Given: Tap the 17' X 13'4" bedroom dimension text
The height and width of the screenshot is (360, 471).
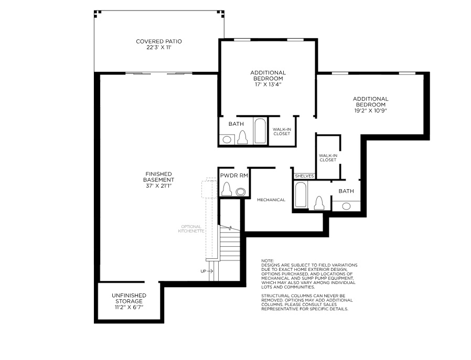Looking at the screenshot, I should (x=267, y=84).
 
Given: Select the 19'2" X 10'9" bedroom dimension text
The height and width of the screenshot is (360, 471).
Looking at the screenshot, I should (x=370, y=111).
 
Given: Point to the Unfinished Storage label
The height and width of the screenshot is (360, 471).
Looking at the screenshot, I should (x=129, y=296).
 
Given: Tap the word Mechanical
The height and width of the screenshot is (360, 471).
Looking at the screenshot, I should (x=271, y=200).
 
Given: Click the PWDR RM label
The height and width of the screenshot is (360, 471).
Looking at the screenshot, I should (x=234, y=176).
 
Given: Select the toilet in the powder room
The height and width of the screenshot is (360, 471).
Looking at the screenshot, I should (x=227, y=189).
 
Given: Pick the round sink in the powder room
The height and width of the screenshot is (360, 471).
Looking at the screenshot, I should (x=240, y=192).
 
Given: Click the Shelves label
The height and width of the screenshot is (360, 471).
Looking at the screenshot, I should (x=304, y=177).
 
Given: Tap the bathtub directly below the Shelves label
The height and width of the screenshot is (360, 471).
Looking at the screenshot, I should (x=301, y=194).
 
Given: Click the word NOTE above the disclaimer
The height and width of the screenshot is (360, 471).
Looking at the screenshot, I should (x=267, y=260).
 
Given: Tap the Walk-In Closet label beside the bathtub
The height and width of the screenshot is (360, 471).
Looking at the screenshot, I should (x=281, y=131).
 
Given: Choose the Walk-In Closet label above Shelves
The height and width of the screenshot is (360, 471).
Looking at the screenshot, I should (x=328, y=157).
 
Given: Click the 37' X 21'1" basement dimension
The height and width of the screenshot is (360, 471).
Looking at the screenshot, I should (x=159, y=186).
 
